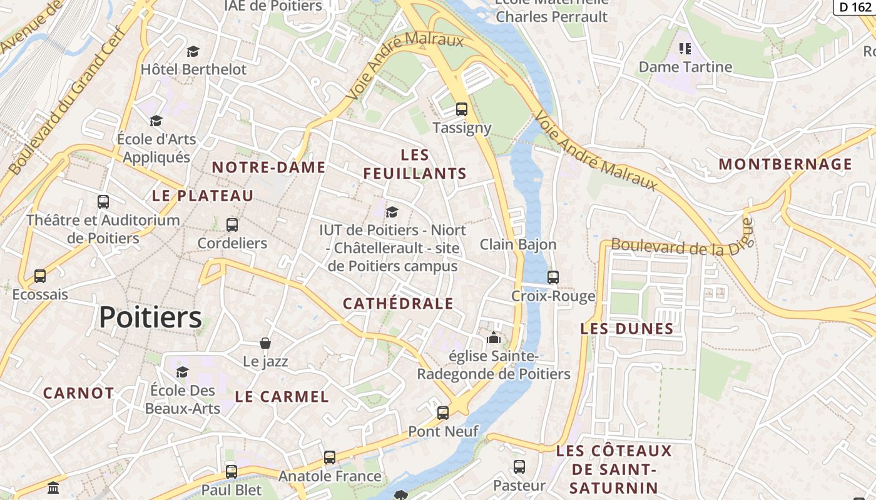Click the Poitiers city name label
tap(150, 317)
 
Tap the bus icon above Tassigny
tap(462, 109)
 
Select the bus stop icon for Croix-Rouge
tap(553, 277)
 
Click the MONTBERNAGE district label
tap(785, 164)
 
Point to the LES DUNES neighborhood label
tap(627, 329)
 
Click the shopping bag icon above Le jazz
tap(265, 343)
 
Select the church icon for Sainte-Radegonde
tap(494, 338)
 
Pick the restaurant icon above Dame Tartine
tap(685, 48)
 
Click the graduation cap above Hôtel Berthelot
tap(193, 51)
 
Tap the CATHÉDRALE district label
tap(398, 304)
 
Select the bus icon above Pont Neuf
tap(443, 412)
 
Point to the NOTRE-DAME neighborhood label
tap(268, 167)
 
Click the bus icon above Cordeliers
tap(232, 225)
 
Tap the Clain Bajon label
tap(517, 244)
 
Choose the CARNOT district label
tap(79, 393)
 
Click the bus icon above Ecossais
tap(40, 276)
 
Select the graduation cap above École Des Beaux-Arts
tap(182, 372)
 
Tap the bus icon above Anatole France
tap(330, 457)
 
